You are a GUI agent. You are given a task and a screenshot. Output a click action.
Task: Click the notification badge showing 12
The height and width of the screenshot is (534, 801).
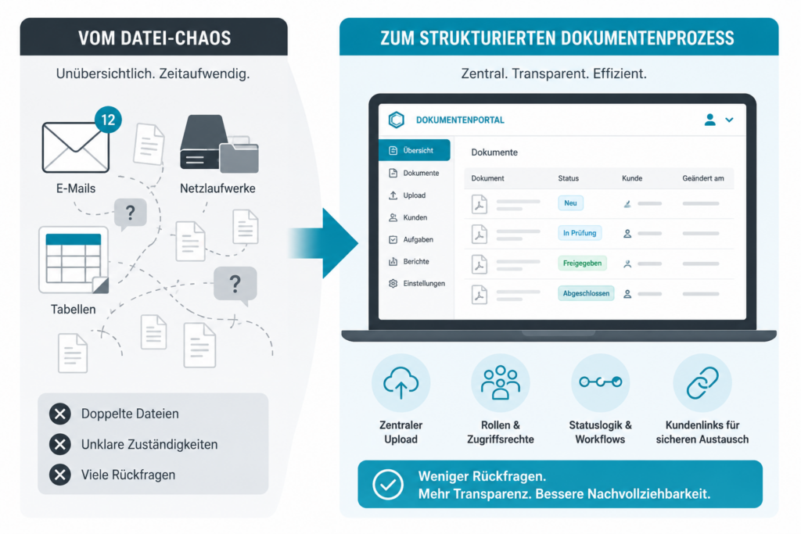coord(108,120)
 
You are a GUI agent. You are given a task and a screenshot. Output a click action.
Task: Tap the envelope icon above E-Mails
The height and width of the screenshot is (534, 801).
coord(76,148)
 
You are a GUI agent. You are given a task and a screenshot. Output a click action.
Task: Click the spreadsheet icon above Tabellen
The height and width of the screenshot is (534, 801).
coord(74,260)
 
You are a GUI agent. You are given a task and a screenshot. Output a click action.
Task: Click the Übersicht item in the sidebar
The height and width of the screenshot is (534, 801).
coord(415,150)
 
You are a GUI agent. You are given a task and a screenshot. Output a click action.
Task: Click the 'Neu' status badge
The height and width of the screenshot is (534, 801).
coord(570,203)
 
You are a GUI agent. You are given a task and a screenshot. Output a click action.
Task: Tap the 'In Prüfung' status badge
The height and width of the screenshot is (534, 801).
coord(580,233)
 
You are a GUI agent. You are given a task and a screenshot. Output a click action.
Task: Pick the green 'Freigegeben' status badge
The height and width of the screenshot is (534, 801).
coord(582,263)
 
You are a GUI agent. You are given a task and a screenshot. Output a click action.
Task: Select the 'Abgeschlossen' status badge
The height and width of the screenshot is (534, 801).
coord(586,293)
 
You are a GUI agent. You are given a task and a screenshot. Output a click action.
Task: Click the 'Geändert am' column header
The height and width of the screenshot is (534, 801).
coord(703,178)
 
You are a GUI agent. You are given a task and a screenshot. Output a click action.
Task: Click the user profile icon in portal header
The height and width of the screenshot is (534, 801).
coord(709,120)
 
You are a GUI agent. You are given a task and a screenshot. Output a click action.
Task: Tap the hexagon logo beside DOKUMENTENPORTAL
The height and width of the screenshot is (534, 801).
coord(397,120)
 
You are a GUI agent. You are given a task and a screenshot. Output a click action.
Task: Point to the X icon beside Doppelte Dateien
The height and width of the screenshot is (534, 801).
coord(60,414)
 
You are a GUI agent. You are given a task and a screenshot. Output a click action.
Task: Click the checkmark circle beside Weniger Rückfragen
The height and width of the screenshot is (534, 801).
coord(388,485)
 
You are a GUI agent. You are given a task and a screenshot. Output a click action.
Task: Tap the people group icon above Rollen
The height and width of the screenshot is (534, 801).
coord(501,382)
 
